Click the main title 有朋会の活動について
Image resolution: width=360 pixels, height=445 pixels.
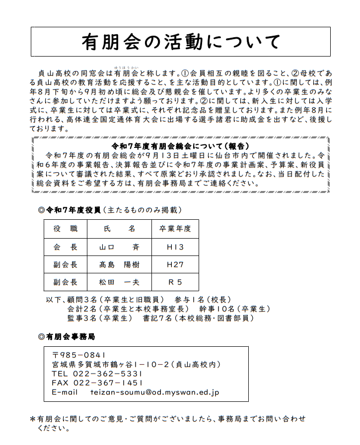pyautogui.click(x=181, y=42)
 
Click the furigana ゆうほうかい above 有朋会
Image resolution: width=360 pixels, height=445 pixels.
pyautogui.click(x=126, y=66)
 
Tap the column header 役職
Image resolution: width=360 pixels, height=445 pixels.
pyautogui.click(x=66, y=229)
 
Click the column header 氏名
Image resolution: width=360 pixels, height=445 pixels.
pyautogui.click(x=119, y=229)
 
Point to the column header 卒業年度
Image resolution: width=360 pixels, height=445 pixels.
pyautogui.click(x=175, y=229)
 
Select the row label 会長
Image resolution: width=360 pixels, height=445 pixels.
pyautogui.click(x=66, y=247)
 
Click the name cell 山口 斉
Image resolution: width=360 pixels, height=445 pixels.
pyautogui.click(x=119, y=247)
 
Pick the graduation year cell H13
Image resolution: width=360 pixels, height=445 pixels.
pyautogui.click(x=175, y=247)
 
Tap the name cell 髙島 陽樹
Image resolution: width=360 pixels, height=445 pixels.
pyautogui.click(x=119, y=265)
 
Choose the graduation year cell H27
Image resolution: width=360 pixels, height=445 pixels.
pyautogui.click(x=175, y=265)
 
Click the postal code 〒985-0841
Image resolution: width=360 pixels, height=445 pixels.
pyautogui.click(x=79, y=355)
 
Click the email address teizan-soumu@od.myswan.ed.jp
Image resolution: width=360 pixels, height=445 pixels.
pyautogui.click(x=154, y=392)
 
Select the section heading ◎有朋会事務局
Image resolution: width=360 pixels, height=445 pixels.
pyautogui.click(x=67, y=336)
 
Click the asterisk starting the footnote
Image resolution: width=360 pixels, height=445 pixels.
pyautogui.click(x=33, y=419)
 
